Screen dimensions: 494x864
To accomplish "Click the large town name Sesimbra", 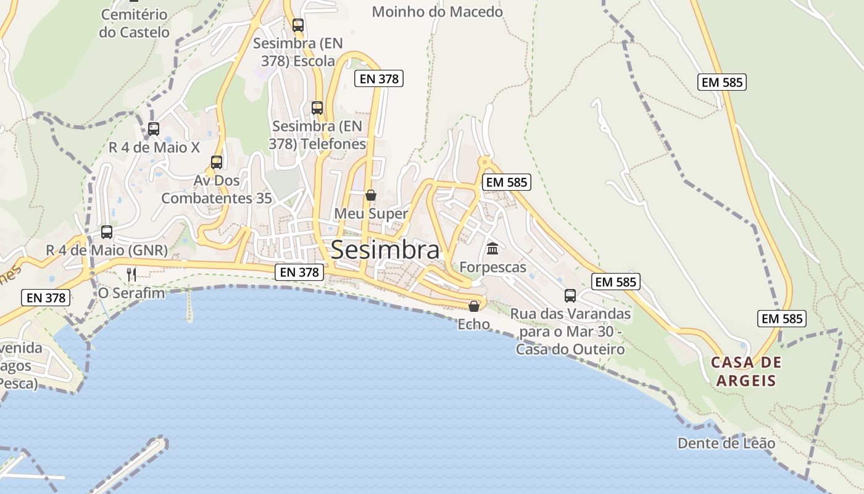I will (386, 250).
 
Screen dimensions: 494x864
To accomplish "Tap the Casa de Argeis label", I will (746, 371).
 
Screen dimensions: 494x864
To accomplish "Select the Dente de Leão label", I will (726, 443).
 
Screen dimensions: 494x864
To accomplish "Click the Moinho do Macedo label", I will (438, 12).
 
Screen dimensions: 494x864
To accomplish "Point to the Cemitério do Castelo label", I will (134, 23).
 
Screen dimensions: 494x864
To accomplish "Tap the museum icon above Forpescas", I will (492, 249).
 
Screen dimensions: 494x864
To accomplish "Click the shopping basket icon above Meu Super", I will (371, 195).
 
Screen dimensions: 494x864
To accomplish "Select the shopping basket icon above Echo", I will (474, 306).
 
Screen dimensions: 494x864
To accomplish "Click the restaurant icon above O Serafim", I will (131, 274).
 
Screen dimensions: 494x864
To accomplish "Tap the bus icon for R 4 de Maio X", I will (154, 129).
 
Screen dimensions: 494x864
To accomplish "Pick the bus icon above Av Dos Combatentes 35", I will (217, 162).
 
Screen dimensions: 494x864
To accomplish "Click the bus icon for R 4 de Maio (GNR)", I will (107, 232).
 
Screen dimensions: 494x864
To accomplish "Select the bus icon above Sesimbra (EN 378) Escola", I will (298, 25).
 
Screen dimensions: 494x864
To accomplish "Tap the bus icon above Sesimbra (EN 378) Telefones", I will (317, 108).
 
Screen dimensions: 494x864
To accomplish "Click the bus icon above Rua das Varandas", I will (570, 296).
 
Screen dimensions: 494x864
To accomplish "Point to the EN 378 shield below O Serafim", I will (46, 298).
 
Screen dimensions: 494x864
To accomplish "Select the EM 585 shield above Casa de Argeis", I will (781, 319).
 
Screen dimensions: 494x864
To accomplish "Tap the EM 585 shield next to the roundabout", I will (507, 182).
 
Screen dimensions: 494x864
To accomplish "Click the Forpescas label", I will (492, 267).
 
